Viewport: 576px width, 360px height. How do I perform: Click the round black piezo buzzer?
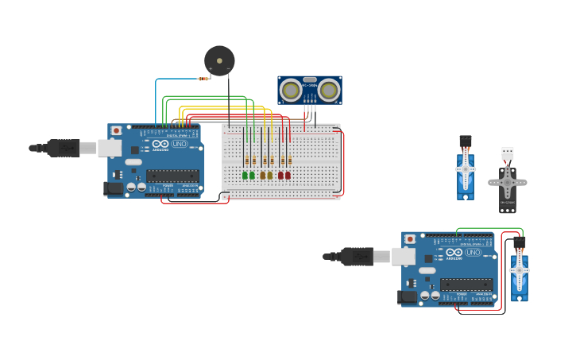click(219, 61)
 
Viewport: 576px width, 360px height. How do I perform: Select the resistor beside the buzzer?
click(203, 79)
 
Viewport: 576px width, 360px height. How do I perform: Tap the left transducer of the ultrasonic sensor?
click(291, 91)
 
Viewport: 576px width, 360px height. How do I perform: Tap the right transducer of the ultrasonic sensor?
click(329, 91)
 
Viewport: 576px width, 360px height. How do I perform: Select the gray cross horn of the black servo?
click(507, 183)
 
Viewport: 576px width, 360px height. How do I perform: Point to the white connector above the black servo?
click(507, 153)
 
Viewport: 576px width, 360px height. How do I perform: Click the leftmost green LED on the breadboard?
click(245, 175)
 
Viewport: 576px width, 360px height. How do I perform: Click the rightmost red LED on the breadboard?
click(288, 175)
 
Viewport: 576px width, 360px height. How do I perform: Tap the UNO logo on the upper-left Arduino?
click(180, 144)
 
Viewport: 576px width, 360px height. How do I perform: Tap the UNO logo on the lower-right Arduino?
click(474, 252)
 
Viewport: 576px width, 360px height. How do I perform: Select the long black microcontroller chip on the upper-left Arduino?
click(172, 176)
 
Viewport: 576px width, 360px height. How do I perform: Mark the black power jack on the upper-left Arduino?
click(114, 188)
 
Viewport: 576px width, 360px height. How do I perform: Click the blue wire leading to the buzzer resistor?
click(157, 95)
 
